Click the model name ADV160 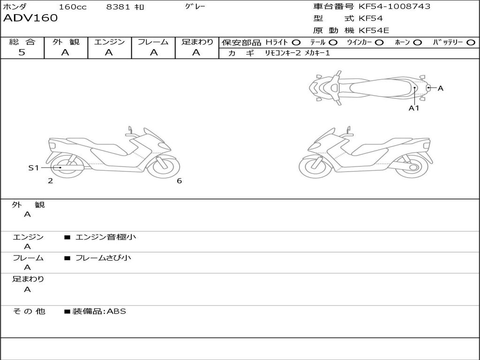[x=30, y=18]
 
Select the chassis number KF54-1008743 [x=394, y=7]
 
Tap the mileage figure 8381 [x=119, y=7]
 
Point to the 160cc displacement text [x=73, y=7]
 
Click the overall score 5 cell [x=22, y=52]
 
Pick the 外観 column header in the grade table [x=66, y=42]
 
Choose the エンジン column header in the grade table [x=109, y=42]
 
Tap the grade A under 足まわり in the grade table [x=196, y=52]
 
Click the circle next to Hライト [x=296, y=42]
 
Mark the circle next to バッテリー [x=471, y=42]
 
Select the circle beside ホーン [x=418, y=42]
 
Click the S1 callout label [x=34, y=167]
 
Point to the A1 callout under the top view [x=414, y=108]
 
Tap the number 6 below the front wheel [x=179, y=181]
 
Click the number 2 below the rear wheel [x=50, y=181]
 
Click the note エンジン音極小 [x=105, y=237]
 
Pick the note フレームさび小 [x=103, y=258]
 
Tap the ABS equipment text [x=117, y=311]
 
